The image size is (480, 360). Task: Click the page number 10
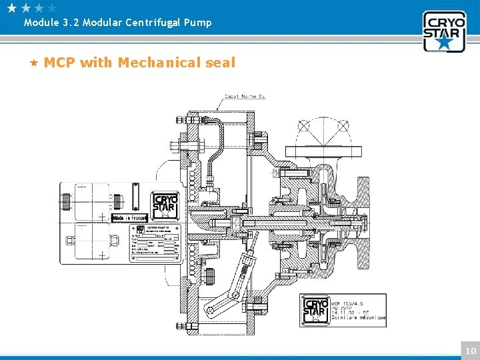471,351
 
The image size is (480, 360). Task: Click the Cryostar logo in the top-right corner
444,31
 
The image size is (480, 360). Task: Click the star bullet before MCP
34,63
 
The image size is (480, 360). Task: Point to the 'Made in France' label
129,218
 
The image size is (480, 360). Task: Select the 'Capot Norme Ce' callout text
245,97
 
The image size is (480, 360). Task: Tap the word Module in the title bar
41,23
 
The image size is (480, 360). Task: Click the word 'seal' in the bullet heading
221,63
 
